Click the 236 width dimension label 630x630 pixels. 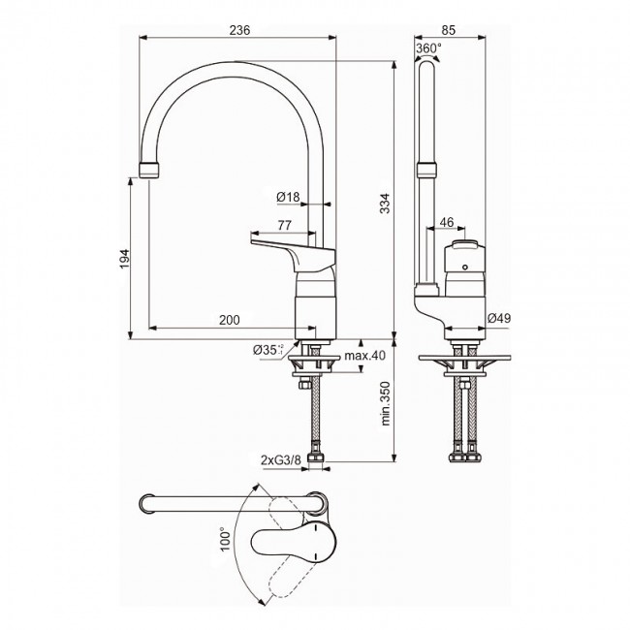pyautogui.click(x=239, y=30)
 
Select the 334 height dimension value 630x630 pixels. pyautogui.click(x=385, y=204)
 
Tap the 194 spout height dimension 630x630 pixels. pyautogui.click(x=125, y=259)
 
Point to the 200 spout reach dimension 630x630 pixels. pyautogui.click(x=230, y=320)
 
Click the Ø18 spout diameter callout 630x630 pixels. pyautogui.click(x=288, y=197)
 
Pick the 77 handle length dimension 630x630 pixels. pyautogui.click(x=284, y=225)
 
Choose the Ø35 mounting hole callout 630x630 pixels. pyautogui.click(x=268, y=350)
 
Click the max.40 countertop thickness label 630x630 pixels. pyautogui.click(x=364, y=356)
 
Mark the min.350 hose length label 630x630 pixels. pyautogui.click(x=385, y=403)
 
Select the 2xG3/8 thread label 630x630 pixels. pyautogui.click(x=280, y=460)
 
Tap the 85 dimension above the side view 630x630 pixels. pyautogui.click(x=449, y=30)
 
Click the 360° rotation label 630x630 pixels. pyautogui.click(x=428, y=48)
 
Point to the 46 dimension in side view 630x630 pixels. pyautogui.click(x=447, y=222)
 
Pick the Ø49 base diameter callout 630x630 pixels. pyautogui.click(x=499, y=318)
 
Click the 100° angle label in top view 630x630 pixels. pyautogui.click(x=226, y=540)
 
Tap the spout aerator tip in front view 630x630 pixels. pyautogui.click(x=149, y=171)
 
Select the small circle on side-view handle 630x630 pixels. pyautogui.click(x=465, y=268)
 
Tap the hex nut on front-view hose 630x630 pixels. pyautogui.click(x=304, y=385)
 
